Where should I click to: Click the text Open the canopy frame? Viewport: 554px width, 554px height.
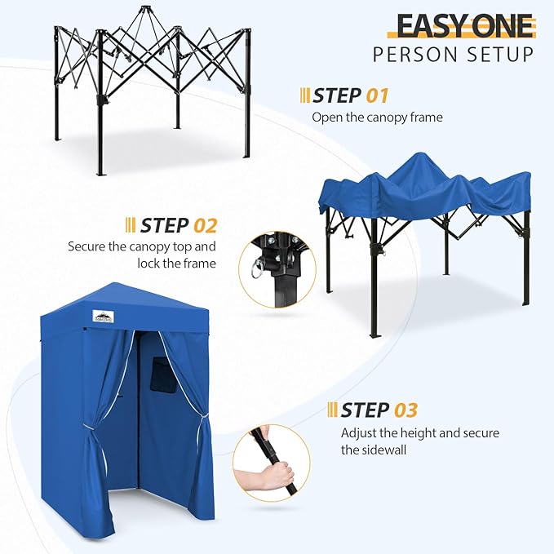pyautogui.click(x=377, y=117)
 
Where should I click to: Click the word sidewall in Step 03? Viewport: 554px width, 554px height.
pyautogui.click(x=386, y=450)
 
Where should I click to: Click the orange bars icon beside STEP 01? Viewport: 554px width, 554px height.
pyautogui.click(x=305, y=95)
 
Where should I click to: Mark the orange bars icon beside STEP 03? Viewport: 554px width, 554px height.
pyautogui.click(x=332, y=410)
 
